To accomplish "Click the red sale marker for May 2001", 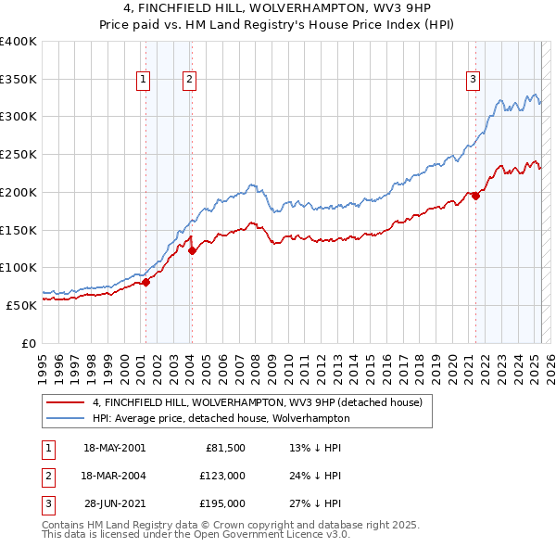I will point(145,282).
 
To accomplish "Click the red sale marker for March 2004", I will point(192,250).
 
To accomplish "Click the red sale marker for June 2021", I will point(475,196).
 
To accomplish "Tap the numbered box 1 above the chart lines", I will point(145,81).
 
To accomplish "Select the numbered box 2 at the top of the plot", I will point(189,81).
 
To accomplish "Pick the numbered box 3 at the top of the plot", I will point(473,81).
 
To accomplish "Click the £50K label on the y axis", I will point(22,304).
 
